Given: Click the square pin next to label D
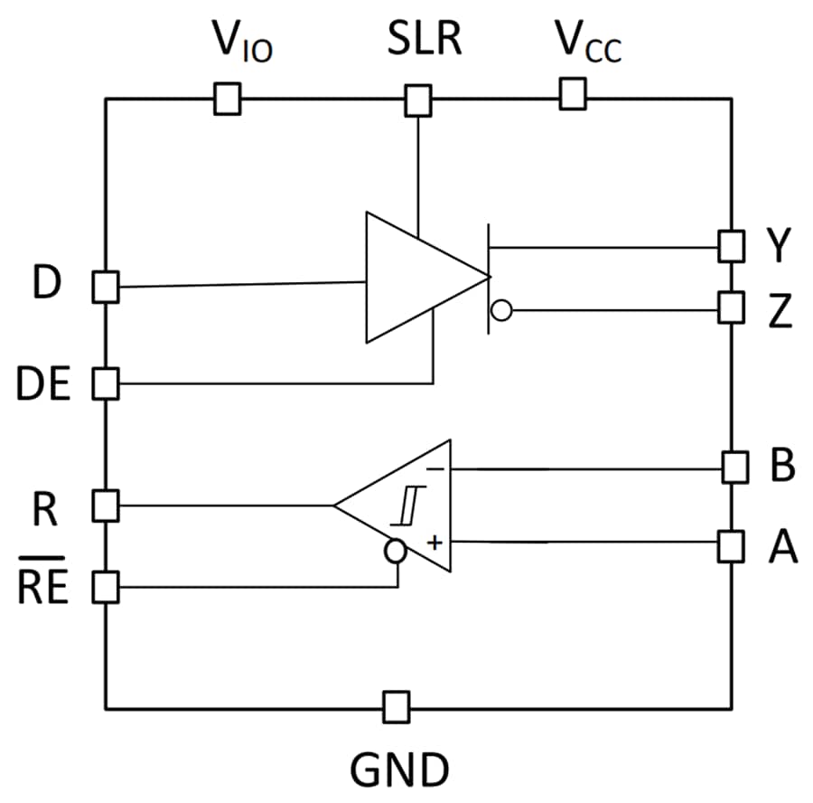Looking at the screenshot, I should (107, 288).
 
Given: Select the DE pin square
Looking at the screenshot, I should (107, 383).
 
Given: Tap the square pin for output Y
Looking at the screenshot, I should (732, 246).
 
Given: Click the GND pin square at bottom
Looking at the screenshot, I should (395, 706).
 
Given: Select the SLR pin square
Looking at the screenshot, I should (417, 100).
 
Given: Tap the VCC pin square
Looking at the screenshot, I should (573, 93).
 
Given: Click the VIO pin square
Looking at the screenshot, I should (227, 99).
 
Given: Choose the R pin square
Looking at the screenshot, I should (107, 505).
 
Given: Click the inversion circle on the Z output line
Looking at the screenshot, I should (500, 312).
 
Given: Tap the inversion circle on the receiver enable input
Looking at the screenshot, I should (395, 551).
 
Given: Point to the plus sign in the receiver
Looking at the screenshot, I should (435, 542).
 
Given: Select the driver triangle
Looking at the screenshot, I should (416, 278).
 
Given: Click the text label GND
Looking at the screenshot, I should (398, 770).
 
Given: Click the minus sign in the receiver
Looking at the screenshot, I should (435, 468).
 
